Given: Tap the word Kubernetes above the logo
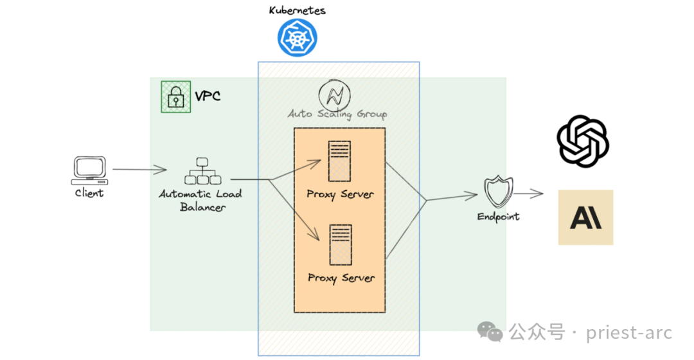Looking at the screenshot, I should click(297, 10).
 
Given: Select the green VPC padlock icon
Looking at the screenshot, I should click(175, 96).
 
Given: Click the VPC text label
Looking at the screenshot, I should click(208, 96).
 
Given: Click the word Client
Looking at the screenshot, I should click(89, 192).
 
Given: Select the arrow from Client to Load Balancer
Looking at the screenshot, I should click(139, 170).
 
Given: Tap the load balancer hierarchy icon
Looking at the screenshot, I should click(200, 171).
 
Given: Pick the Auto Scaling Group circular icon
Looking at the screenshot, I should click(337, 94).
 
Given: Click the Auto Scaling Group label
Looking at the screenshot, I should click(337, 114).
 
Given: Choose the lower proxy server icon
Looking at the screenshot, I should click(341, 244).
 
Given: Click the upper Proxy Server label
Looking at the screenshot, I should click(340, 194).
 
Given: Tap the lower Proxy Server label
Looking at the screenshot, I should click(341, 278).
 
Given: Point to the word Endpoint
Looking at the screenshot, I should click(498, 217).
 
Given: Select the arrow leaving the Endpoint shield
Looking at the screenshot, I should click(529, 192).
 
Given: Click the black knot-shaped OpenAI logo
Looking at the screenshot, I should click(583, 141).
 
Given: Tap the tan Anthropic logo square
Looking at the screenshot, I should click(585, 217).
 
